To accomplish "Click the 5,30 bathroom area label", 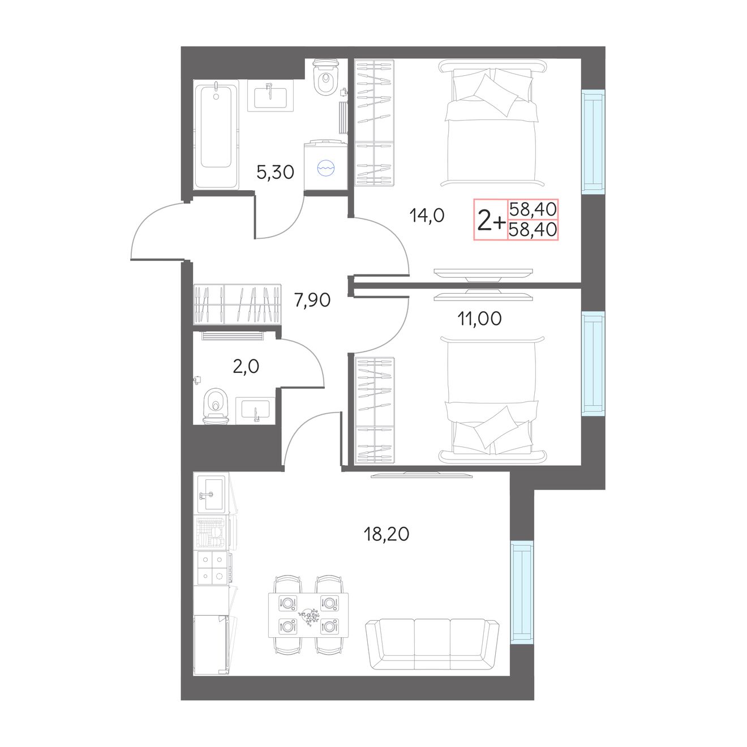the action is tap(275, 172).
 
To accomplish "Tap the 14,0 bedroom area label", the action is tap(427, 215).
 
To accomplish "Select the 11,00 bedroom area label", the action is tap(479, 319).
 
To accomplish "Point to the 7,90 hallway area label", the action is tap(312, 300).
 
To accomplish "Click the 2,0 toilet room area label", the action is tap(246, 366).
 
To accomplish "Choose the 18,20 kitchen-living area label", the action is tap(387, 534).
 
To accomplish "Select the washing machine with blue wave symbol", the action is tap(325, 165).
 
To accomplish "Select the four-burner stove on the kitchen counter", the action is tap(212, 568).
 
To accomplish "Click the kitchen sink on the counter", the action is tap(211, 494).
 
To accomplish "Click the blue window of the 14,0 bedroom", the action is tap(593, 141).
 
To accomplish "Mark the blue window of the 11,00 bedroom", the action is tap(593, 364).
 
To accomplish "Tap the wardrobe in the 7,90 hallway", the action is tap(237, 304).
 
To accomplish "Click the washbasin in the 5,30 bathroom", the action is tap(271, 96).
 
